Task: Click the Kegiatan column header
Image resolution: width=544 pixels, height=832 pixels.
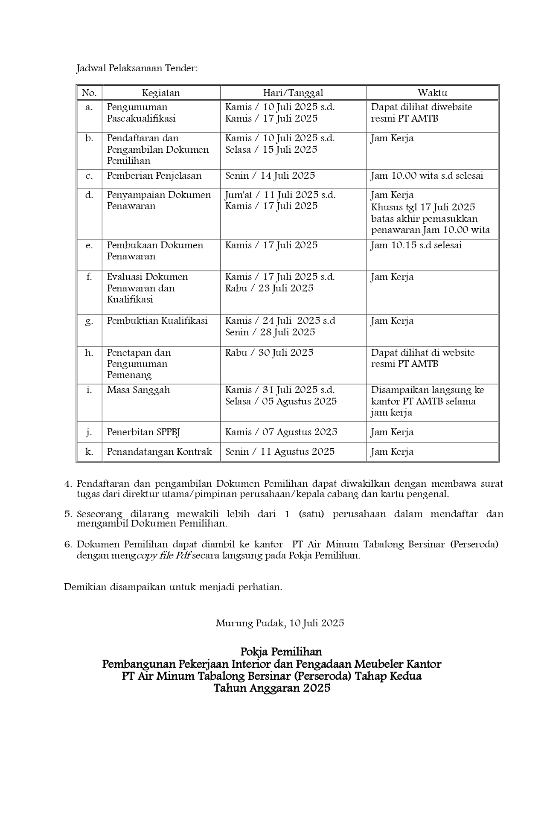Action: coord(161,93)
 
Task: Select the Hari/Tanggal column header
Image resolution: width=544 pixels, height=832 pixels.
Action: coord(293,93)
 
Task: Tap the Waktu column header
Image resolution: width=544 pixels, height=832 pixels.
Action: coord(432,93)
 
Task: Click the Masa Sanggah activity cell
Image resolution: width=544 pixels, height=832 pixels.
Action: coord(138,390)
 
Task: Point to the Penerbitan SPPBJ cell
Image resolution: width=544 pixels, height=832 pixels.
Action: coord(143,432)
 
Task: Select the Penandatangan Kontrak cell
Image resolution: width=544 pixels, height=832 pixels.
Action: coord(159,452)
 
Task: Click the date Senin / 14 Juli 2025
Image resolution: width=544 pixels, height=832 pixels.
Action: coord(270,176)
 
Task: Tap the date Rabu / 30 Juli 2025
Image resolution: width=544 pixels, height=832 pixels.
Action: coord(269,353)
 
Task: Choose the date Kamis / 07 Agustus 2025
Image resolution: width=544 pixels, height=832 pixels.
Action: coord(281,432)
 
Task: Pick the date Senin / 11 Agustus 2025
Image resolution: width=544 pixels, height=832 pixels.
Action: coord(280,452)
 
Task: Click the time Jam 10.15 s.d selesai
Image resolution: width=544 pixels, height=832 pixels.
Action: coord(416,245)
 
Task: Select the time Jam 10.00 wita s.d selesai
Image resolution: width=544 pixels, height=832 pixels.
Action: coord(427,176)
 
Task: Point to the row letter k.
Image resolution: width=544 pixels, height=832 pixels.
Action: coord(89,452)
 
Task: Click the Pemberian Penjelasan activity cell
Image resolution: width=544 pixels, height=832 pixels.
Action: coord(154,176)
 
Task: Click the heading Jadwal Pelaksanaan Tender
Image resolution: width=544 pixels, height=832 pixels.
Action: coord(137,68)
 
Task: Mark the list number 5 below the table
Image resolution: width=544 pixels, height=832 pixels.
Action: coord(68,514)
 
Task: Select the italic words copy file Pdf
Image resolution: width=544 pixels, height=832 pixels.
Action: coord(163,556)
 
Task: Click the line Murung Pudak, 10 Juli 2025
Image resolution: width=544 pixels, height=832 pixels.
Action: coord(279,623)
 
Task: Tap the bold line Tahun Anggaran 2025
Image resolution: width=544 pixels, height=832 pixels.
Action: coord(272,688)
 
